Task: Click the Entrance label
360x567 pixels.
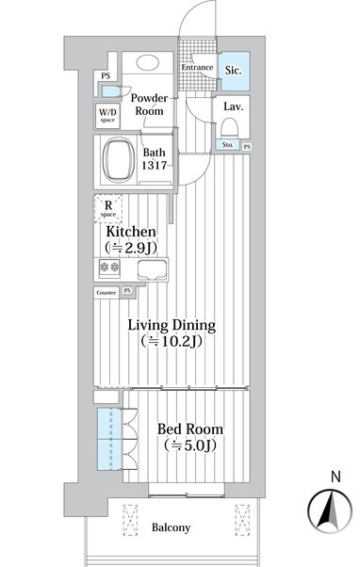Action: (x=197, y=67)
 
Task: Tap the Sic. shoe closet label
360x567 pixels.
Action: (x=233, y=70)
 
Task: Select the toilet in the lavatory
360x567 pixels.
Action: (x=229, y=128)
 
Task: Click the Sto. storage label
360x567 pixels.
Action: (x=227, y=145)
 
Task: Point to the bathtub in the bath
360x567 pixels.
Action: (x=119, y=160)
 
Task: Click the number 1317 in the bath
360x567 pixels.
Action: (x=154, y=166)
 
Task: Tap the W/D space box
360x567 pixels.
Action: (x=107, y=116)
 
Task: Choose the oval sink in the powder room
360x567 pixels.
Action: (x=148, y=62)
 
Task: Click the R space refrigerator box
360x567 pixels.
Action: (x=108, y=209)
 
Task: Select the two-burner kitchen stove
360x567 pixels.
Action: (x=109, y=268)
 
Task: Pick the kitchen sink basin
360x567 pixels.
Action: (x=153, y=269)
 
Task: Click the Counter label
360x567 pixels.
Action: (x=106, y=293)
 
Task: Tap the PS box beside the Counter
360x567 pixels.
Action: (x=127, y=291)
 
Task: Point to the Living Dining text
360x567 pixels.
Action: (x=172, y=325)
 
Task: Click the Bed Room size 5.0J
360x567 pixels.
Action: (x=190, y=445)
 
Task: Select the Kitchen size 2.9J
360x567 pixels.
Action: (x=131, y=248)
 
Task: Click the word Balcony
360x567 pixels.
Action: (x=171, y=527)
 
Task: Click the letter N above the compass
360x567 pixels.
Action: (x=335, y=477)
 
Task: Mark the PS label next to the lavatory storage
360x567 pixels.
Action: (x=247, y=146)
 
